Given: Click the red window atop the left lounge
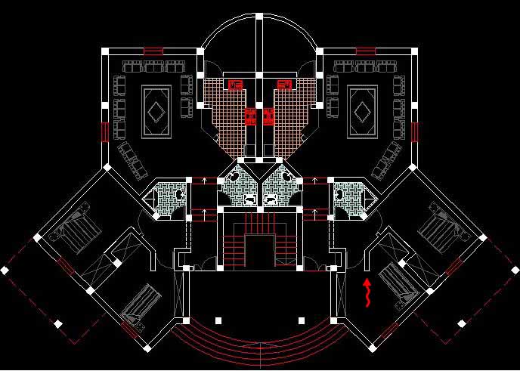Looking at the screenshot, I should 153,51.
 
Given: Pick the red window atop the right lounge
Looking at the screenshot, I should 366,51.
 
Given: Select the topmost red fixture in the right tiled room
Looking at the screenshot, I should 284,84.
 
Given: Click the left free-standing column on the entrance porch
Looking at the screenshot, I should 218,320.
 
